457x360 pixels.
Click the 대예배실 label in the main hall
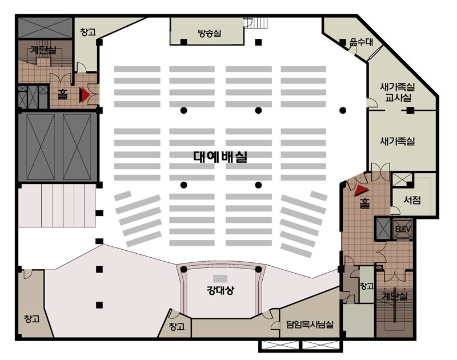coord(221,157)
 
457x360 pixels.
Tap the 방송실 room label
coord(209,33)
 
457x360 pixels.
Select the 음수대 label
coord(362,42)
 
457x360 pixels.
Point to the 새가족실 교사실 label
coord(397,92)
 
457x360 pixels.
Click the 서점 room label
coord(412,199)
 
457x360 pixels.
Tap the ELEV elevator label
coord(403,229)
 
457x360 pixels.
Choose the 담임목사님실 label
coord(310,324)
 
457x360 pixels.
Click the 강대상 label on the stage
coord(220,291)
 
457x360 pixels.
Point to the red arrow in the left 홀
coord(85,94)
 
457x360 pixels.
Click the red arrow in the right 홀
coord(362,190)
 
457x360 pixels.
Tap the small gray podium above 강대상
coord(220,278)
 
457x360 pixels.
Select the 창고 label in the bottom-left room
coord(32,318)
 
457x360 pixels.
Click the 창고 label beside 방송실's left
coord(88,32)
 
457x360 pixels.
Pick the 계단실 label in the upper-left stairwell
coord(44,50)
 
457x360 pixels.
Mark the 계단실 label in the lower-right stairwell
coord(395,297)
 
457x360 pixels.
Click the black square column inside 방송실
coord(183,42)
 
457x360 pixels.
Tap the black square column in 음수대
coord(343,42)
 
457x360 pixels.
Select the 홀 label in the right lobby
coord(364,203)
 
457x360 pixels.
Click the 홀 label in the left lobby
coord(62,94)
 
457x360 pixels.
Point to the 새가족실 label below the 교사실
coord(397,141)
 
